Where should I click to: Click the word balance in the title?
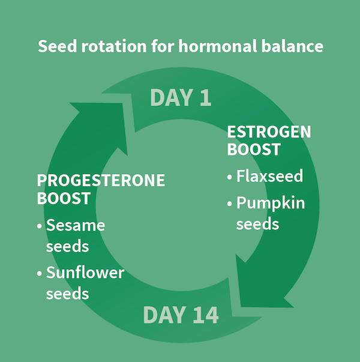[295, 46]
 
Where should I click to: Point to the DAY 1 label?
[180, 97]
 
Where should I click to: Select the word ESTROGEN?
[269, 132]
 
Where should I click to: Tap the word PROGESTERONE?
[101, 181]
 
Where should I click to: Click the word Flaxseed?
[269, 176]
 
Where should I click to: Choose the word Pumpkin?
[271, 203]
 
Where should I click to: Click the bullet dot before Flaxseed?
[230, 178]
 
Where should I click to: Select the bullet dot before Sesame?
[40, 226]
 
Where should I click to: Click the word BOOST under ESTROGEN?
[253, 149]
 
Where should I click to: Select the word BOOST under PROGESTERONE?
[64, 198]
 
